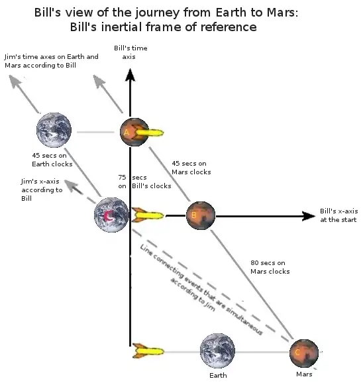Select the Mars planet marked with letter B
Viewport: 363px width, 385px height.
[200, 215]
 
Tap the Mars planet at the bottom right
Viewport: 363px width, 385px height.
[304, 353]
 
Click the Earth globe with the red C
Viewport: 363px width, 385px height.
[111, 215]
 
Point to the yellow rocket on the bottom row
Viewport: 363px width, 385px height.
[148, 349]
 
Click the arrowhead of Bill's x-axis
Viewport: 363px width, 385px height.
[307, 216]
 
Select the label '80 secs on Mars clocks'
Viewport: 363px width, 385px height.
[270, 266]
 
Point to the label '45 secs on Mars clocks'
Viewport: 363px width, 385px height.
[191, 168]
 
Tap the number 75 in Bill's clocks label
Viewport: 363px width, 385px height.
[123, 178]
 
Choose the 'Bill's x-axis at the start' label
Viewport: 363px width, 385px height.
[338, 214]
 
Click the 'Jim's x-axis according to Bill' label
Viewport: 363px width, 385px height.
[41, 190]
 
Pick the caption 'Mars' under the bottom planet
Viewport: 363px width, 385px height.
[304, 374]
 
